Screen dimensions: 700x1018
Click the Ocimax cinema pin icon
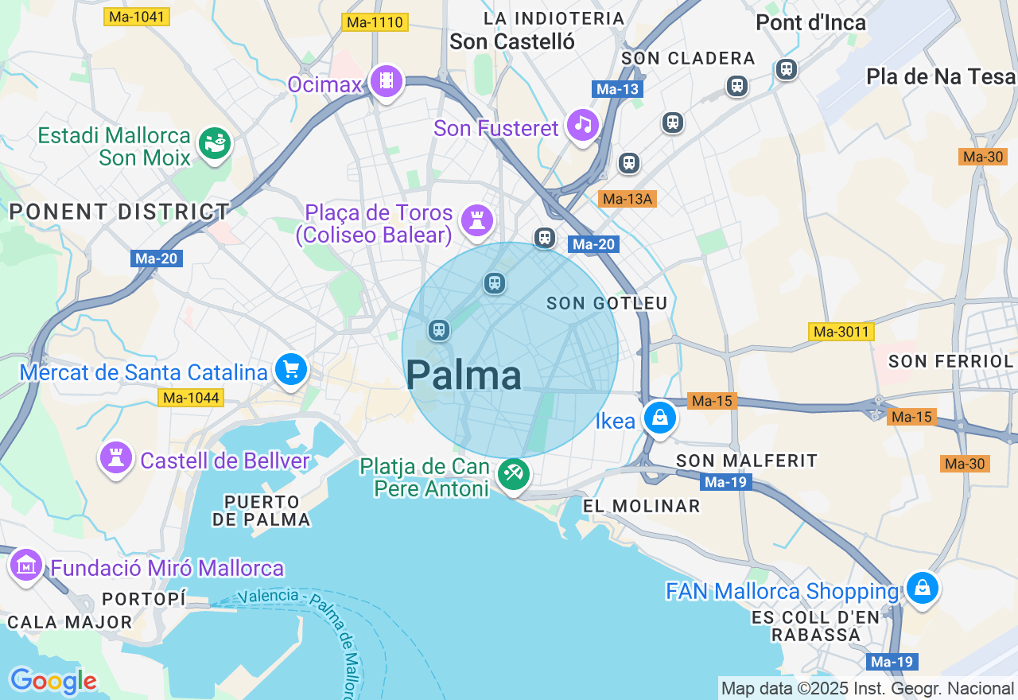click(x=387, y=80)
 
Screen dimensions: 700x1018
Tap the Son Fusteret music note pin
click(x=582, y=125)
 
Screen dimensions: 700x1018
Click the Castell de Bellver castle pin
click(x=116, y=458)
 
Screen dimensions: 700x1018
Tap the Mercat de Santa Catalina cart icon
click(x=291, y=369)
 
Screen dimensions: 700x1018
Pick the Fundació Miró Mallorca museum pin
click(x=25, y=566)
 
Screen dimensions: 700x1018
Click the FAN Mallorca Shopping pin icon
click(x=922, y=589)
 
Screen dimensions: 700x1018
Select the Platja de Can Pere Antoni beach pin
click(x=512, y=474)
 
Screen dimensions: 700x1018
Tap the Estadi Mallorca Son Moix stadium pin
click(x=214, y=144)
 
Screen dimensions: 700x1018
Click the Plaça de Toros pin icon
click(x=476, y=220)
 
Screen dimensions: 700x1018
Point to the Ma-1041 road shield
click(x=136, y=16)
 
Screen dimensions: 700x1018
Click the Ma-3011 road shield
click(x=841, y=332)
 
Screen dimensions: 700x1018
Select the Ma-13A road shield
click(x=628, y=199)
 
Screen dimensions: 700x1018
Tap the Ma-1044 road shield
click(x=190, y=397)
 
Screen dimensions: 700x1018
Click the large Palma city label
click(x=464, y=375)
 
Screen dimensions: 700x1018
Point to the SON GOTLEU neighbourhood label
click(x=608, y=303)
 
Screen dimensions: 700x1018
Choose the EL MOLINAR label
click(x=641, y=506)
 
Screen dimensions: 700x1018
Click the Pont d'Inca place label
click(x=810, y=22)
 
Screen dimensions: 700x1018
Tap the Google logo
click(x=53, y=681)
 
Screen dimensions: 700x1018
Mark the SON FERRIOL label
click(x=950, y=361)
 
